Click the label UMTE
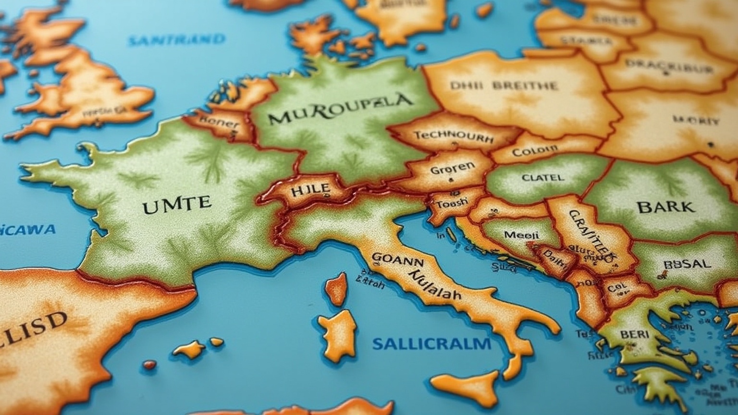pos(177,205)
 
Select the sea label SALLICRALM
pos(431,344)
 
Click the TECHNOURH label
pos(454,137)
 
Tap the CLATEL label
pos(542,177)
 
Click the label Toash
pos(451,203)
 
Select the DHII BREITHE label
pos(504,86)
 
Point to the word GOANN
pos(397,260)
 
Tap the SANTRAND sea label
pos(176,39)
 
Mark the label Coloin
pos(535,152)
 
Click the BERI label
pos(634,334)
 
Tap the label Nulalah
pos(433,285)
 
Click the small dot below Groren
pos(450,181)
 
